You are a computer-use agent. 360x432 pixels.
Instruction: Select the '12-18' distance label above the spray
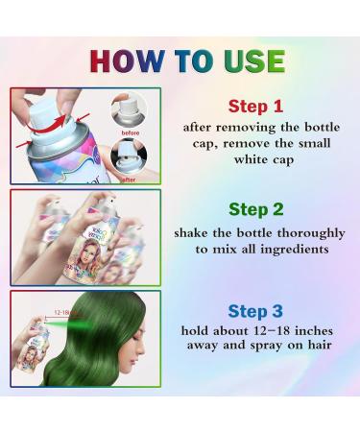click(66, 313)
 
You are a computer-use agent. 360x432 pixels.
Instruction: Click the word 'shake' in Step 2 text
click(195, 231)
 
